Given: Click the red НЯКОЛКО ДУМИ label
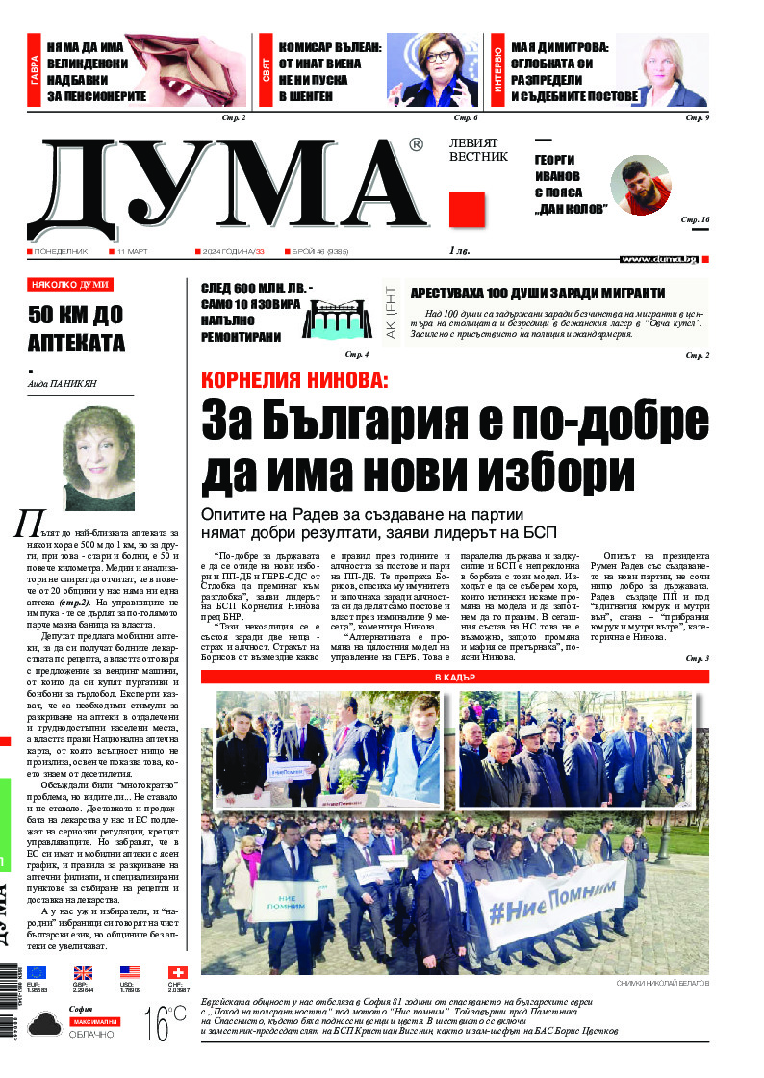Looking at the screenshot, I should tap(70, 285).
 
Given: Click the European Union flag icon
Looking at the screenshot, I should tap(37, 972).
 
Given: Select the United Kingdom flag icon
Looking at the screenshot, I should tap(83, 972).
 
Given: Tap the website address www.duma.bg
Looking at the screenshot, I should tap(659, 259).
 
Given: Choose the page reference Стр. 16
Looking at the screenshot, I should tap(695, 220).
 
